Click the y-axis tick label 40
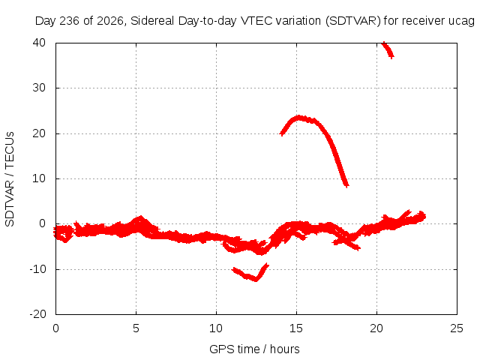[39, 43]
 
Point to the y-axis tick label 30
[39, 88]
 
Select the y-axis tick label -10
[37, 269]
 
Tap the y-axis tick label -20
[37, 314]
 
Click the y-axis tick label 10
[39, 178]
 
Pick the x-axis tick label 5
[136, 328]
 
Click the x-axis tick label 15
[296, 328]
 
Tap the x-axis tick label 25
[457, 328]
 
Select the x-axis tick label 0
[55, 328]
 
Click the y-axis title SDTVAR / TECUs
[10, 179]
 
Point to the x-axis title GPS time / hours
[254, 349]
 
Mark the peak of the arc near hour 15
[298, 117]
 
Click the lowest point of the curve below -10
[256, 280]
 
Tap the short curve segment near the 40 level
[388, 50]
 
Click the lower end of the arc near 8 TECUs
[346, 185]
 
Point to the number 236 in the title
[69, 21]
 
